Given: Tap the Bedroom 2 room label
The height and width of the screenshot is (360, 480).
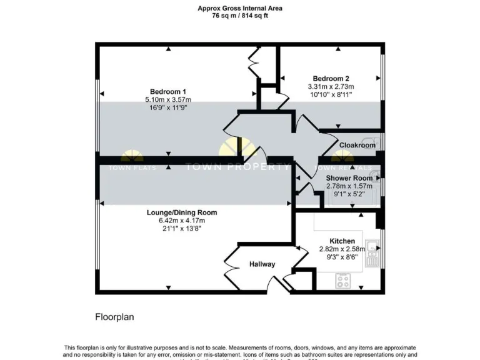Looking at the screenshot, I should [x=331, y=78].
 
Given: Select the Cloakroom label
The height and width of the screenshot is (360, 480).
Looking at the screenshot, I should [x=357, y=145].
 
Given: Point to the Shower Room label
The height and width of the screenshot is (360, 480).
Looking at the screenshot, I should [x=349, y=178].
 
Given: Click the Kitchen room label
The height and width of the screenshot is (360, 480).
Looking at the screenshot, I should [x=342, y=241].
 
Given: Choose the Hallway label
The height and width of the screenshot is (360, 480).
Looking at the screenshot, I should [x=262, y=264].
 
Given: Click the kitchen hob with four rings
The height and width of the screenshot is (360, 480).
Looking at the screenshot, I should [x=343, y=281].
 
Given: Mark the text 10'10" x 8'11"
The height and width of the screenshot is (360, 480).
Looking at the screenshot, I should [x=331, y=94].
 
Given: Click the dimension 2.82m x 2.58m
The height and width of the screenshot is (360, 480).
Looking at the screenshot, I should [x=342, y=249].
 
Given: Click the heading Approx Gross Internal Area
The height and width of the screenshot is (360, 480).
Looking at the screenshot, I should [x=239, y=9].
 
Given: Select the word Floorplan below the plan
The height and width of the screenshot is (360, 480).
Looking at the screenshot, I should [x=114, y=317].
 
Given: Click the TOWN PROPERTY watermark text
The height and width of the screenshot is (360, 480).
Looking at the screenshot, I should [x=237, y=167].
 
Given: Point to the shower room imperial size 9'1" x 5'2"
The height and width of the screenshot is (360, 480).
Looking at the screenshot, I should [x=349, y=194].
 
